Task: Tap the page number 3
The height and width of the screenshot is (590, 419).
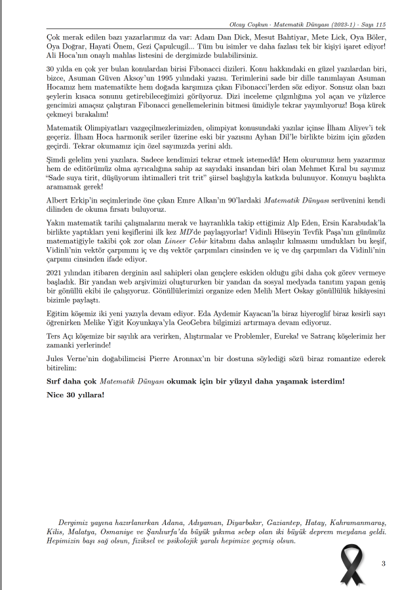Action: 383,564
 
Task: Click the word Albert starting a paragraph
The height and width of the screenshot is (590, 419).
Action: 58,199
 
